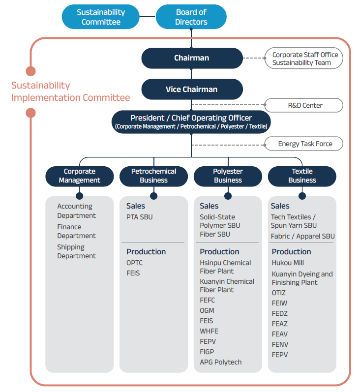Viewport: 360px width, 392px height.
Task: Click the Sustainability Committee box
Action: (x=100, y=17)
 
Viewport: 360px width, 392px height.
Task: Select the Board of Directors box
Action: (x=191, y=17)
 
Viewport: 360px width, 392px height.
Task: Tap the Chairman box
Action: (x=192, y=58)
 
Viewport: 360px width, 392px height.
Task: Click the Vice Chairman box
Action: (x=192, y=89)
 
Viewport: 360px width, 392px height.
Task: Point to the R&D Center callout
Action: (x=304, y=105)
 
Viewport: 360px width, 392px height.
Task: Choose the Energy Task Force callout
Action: (x=304, y=144)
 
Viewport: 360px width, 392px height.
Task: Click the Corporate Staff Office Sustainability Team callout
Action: (x=304, y=58)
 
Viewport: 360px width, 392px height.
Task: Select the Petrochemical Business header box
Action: (x=153, y=176)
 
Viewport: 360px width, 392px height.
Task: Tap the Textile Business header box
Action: (x=302, y=176)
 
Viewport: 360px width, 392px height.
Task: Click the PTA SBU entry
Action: (x=140, y=217)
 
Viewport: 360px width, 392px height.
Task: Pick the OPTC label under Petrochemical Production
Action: (x=134, y=263)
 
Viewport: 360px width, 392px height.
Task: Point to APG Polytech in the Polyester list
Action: (x=221, y=362)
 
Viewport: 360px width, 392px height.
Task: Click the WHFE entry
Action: (x=209, y=331)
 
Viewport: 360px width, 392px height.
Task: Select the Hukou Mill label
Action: (x=288, y=263)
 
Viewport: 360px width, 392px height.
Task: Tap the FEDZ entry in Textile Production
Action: (x=279, y=313)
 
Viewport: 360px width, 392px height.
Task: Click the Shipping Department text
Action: (x=77, y=251)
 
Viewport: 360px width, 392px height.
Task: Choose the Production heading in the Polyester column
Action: (x=219, y=251)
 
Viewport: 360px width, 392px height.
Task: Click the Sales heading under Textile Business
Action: (x=280, y=206)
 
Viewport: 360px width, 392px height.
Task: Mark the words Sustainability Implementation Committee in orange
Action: (x=70, y=91)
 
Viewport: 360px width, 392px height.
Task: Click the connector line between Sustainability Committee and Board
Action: (x=148, y=17)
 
